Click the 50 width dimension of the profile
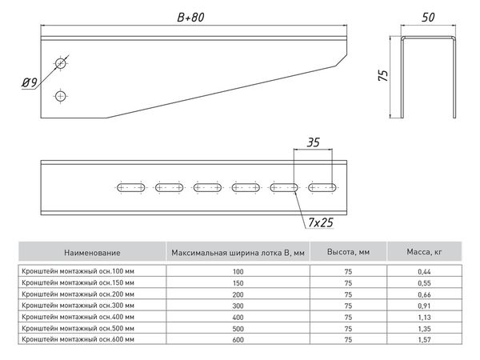click(x=430, y=16)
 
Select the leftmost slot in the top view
click(x=131, y=187)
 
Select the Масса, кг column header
click(x=427, y=253)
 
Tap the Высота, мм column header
click(x=348, y=253)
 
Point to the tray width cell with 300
click(x=238, y=306)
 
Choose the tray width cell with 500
click(x=238, y=328)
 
